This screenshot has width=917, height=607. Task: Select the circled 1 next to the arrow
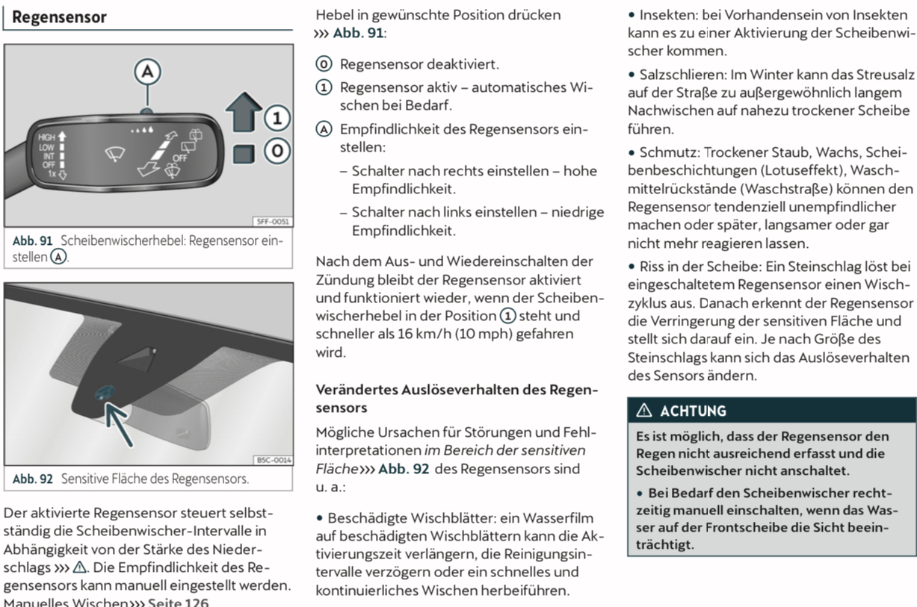[277, 117]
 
